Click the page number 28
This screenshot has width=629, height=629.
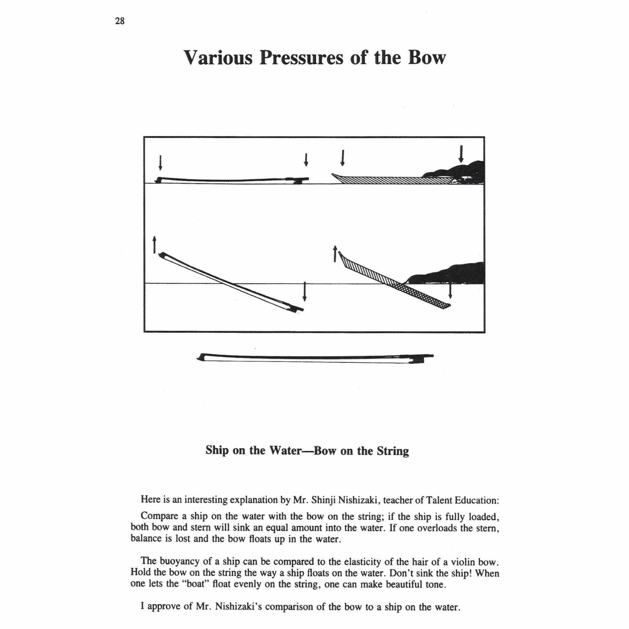click(120, 22)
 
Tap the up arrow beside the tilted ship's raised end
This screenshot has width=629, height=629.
click(335, 254)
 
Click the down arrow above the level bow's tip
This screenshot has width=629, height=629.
click(160, 163)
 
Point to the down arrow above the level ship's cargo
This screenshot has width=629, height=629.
click(461, 154)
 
